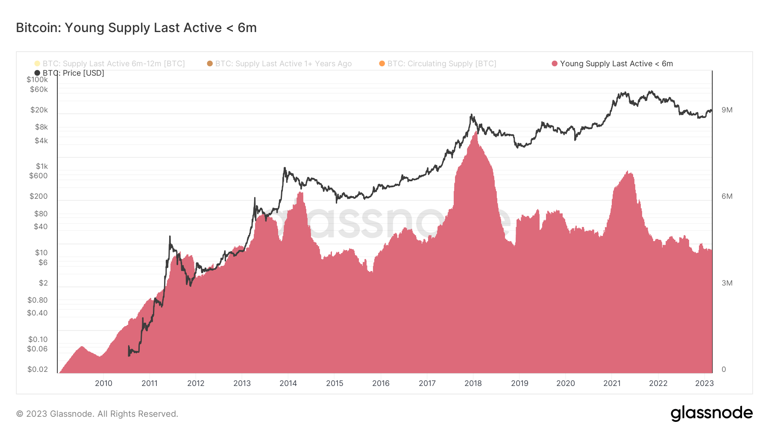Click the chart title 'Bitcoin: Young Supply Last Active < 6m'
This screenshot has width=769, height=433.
pos(136,28)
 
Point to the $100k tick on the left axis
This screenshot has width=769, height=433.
pos(37,80)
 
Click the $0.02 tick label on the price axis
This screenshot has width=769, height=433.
pos(38,369)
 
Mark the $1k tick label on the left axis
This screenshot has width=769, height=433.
pos(42,166)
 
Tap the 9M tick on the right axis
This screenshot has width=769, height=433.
pos(727,110)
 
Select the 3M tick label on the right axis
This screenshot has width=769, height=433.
pos(727,283)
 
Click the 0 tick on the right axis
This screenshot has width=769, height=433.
pos(724,369)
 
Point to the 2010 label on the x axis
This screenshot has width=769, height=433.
pos(103,383)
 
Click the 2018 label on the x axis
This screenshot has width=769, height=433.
pos(473,383)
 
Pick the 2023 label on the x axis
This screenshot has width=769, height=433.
pos(704,383)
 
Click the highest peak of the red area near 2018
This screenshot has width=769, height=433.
pos(476,132)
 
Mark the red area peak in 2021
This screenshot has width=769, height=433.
pos(628,172)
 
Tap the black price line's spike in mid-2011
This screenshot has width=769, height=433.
pos(170,236)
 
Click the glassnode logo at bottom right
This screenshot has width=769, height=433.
pos(711,413)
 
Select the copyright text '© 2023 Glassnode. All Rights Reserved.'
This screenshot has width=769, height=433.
pos(97,414)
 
